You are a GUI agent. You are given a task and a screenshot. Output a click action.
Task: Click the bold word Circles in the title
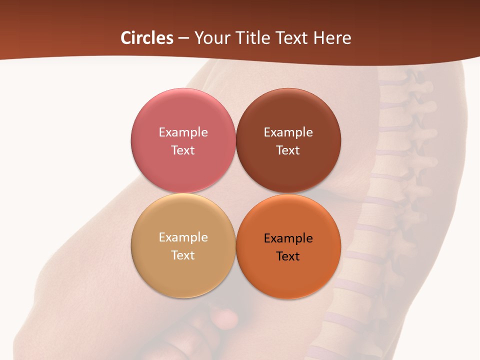[x=146, y=38]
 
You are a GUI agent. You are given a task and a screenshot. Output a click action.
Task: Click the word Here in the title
[x=333, y=38]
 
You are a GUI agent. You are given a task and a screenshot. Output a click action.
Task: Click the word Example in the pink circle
[x=183, y=132]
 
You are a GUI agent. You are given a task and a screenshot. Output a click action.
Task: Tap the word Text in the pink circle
[x=183, y=150]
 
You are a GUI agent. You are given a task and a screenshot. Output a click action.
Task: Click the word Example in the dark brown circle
[x=288, y=132]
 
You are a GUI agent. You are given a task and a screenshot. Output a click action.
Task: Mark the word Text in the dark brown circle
[x=288, y=150]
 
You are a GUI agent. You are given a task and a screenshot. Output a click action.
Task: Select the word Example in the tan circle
[x=183, y=237]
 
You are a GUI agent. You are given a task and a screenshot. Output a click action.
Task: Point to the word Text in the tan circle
[x=183, y=255]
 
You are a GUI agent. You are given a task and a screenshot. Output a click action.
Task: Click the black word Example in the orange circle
[x=288, y=238]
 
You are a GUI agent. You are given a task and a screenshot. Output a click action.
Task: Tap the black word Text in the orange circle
[x=288, y=256]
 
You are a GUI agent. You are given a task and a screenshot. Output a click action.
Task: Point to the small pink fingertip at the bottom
[x=225, y=317]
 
